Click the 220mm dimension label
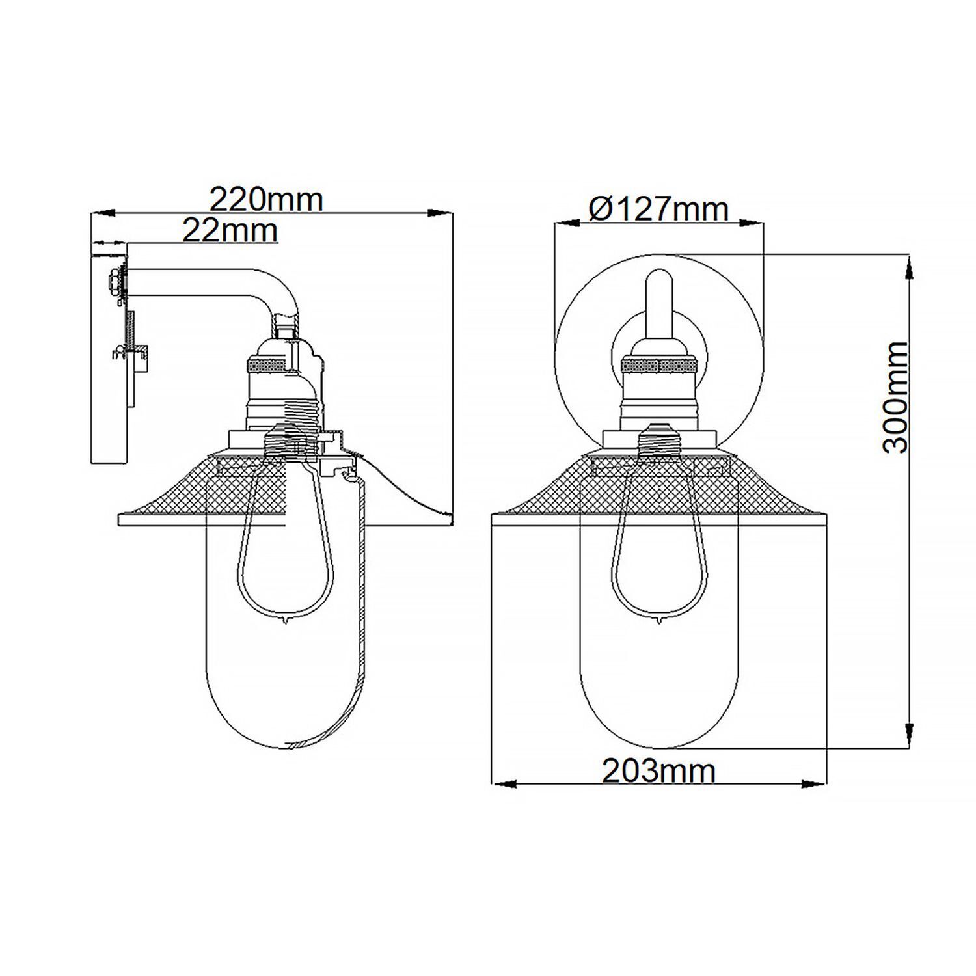coord(266,199)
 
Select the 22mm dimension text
coord(230,230)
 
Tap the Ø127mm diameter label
coord(658,210)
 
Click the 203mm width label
coord(658,772)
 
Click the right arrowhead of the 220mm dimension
coord(442,213)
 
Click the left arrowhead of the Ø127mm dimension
coord(566,223)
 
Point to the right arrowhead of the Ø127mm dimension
coord(752,223)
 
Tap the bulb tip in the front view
coord(658,620)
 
